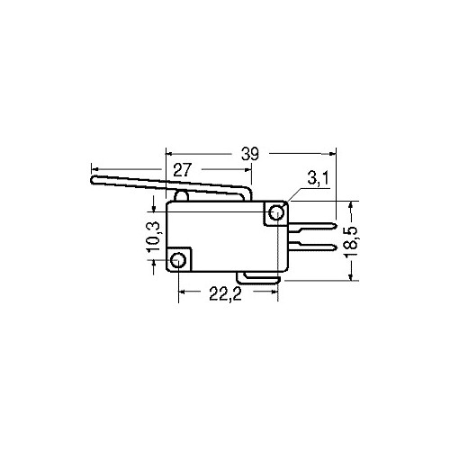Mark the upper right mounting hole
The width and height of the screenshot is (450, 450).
pyautogui.click(x=276, y=214)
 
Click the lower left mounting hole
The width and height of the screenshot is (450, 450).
pyautogui.click(x=180, y=260)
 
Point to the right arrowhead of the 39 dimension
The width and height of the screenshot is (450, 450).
pyautogui.click(x=330, y=154)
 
